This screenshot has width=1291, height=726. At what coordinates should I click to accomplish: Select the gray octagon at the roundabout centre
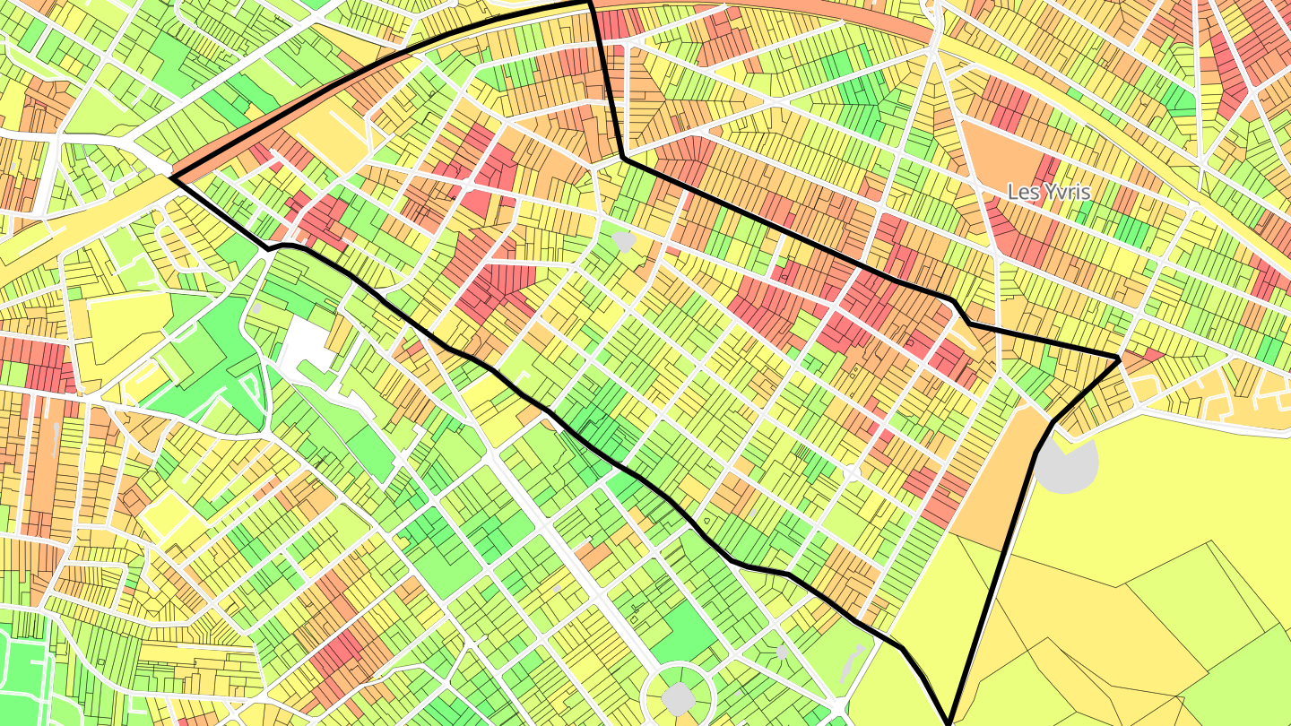pos(678,696)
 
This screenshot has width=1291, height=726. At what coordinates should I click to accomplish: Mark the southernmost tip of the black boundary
pos(949,722)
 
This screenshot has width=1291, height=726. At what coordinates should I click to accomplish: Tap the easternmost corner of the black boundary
pos(1119,359)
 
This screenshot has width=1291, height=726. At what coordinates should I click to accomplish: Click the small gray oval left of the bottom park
pos(781,652)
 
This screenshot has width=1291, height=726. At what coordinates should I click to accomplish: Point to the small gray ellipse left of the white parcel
pos(256,307)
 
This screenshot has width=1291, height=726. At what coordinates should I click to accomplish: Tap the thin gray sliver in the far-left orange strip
pos(57,435)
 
